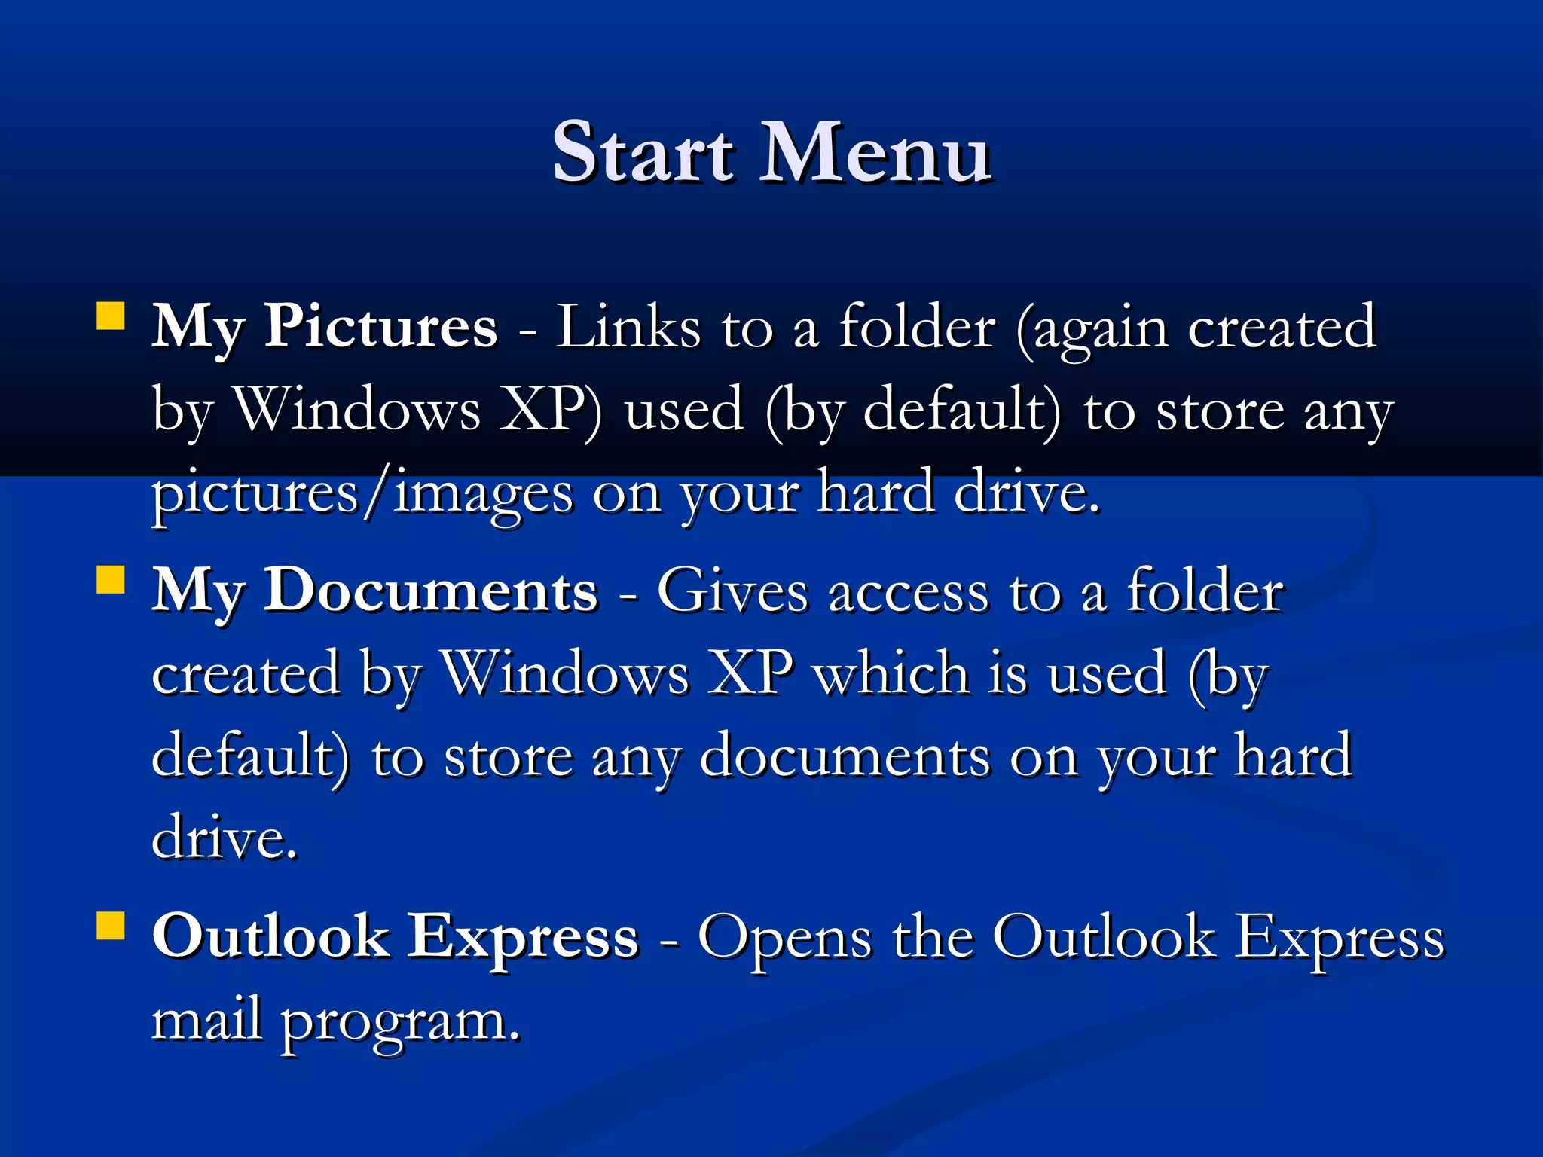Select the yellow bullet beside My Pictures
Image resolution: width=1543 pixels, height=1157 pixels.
click(x=111, y=316)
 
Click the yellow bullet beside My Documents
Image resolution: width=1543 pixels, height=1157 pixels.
click(x=111, y=581)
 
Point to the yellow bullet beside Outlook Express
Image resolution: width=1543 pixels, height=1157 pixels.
click(x=111, y=927)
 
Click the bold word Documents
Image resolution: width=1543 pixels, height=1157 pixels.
click(x=430, y=591)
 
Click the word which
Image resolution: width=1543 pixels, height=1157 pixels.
click(x=892, y=673)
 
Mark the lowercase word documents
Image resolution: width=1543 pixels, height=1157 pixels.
click(x=845, y=756)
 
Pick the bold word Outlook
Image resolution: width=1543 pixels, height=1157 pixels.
click(x=270, y=937)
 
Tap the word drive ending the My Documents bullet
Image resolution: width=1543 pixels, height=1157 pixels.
click(x=223, y=838)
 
